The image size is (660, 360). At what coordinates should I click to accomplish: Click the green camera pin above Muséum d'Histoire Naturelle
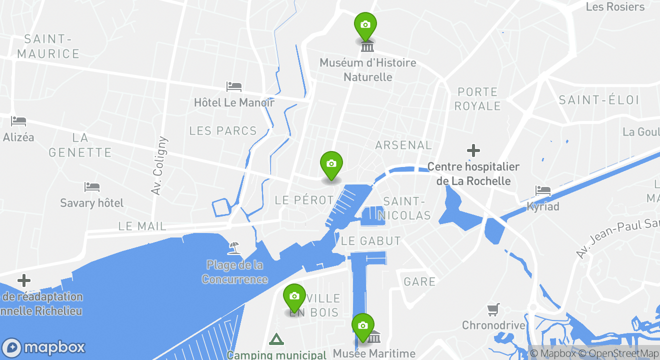point(365,25)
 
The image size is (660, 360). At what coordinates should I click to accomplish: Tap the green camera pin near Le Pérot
point(331,164)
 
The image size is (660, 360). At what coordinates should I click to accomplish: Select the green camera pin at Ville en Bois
point(294,296)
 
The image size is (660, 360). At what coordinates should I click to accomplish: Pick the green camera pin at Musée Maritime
point(363,326)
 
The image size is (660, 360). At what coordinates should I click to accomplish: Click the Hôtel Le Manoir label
point(234,102)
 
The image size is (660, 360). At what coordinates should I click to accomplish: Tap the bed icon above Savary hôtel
point(92,187)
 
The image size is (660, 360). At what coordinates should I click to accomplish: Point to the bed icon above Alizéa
point(18,121)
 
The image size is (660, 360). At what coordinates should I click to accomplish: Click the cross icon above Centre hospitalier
point(473,150)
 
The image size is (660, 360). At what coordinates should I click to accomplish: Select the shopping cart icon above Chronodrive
point(493,310)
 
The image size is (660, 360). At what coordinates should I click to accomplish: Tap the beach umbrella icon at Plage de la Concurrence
point(233,247)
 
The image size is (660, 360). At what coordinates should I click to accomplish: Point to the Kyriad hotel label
point(542,206)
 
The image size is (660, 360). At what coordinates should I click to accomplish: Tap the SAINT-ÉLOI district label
point(599,100)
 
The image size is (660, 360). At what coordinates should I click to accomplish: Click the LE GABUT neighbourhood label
point(370,241)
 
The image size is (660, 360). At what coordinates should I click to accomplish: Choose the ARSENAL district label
point(403,145)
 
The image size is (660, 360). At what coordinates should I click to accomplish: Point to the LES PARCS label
point(223,131)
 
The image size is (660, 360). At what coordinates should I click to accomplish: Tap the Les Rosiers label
point(615,7)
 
